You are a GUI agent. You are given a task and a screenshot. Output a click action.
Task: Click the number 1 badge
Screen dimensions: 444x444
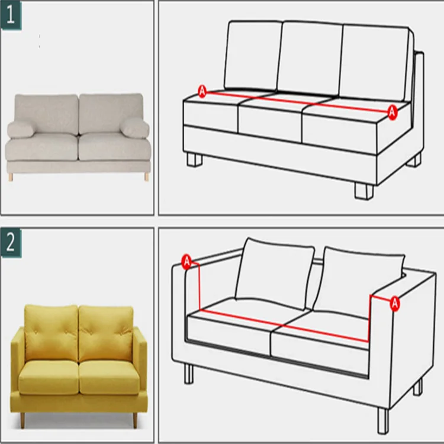click(11, 15)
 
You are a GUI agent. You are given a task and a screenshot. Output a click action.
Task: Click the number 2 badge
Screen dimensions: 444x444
click(11, 243)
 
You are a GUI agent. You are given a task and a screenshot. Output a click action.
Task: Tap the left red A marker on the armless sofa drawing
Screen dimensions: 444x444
click(202, 91)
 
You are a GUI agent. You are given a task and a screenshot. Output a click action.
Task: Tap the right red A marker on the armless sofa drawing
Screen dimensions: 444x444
click(392, 112)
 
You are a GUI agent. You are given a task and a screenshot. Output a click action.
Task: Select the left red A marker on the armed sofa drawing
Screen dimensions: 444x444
click(187, 262)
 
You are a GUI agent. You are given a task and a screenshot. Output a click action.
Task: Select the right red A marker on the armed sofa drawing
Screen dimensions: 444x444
click(395, 304)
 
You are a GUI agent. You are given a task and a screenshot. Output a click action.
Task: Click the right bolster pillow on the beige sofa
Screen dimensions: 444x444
click(134, 127)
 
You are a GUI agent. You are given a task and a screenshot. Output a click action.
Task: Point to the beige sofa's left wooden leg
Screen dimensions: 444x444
click(11, 176)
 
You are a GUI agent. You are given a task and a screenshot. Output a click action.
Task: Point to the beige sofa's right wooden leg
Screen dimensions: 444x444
click(147, 176)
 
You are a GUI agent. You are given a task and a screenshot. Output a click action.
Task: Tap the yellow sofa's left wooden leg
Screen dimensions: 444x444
click(22, 420)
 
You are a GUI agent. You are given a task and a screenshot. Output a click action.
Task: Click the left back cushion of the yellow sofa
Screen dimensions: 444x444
click(51, 333)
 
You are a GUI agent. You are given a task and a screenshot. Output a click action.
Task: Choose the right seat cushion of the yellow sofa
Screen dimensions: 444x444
click(110, 377)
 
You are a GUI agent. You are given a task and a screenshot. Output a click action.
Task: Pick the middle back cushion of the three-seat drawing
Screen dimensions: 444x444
click(310, 60)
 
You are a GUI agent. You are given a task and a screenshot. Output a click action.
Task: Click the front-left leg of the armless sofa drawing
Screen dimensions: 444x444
click(195, 160)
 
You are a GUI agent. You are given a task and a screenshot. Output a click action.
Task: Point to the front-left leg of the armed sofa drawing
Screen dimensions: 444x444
click(189, 374)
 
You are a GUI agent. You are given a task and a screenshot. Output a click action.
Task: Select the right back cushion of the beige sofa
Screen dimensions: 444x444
click(111, 113)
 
